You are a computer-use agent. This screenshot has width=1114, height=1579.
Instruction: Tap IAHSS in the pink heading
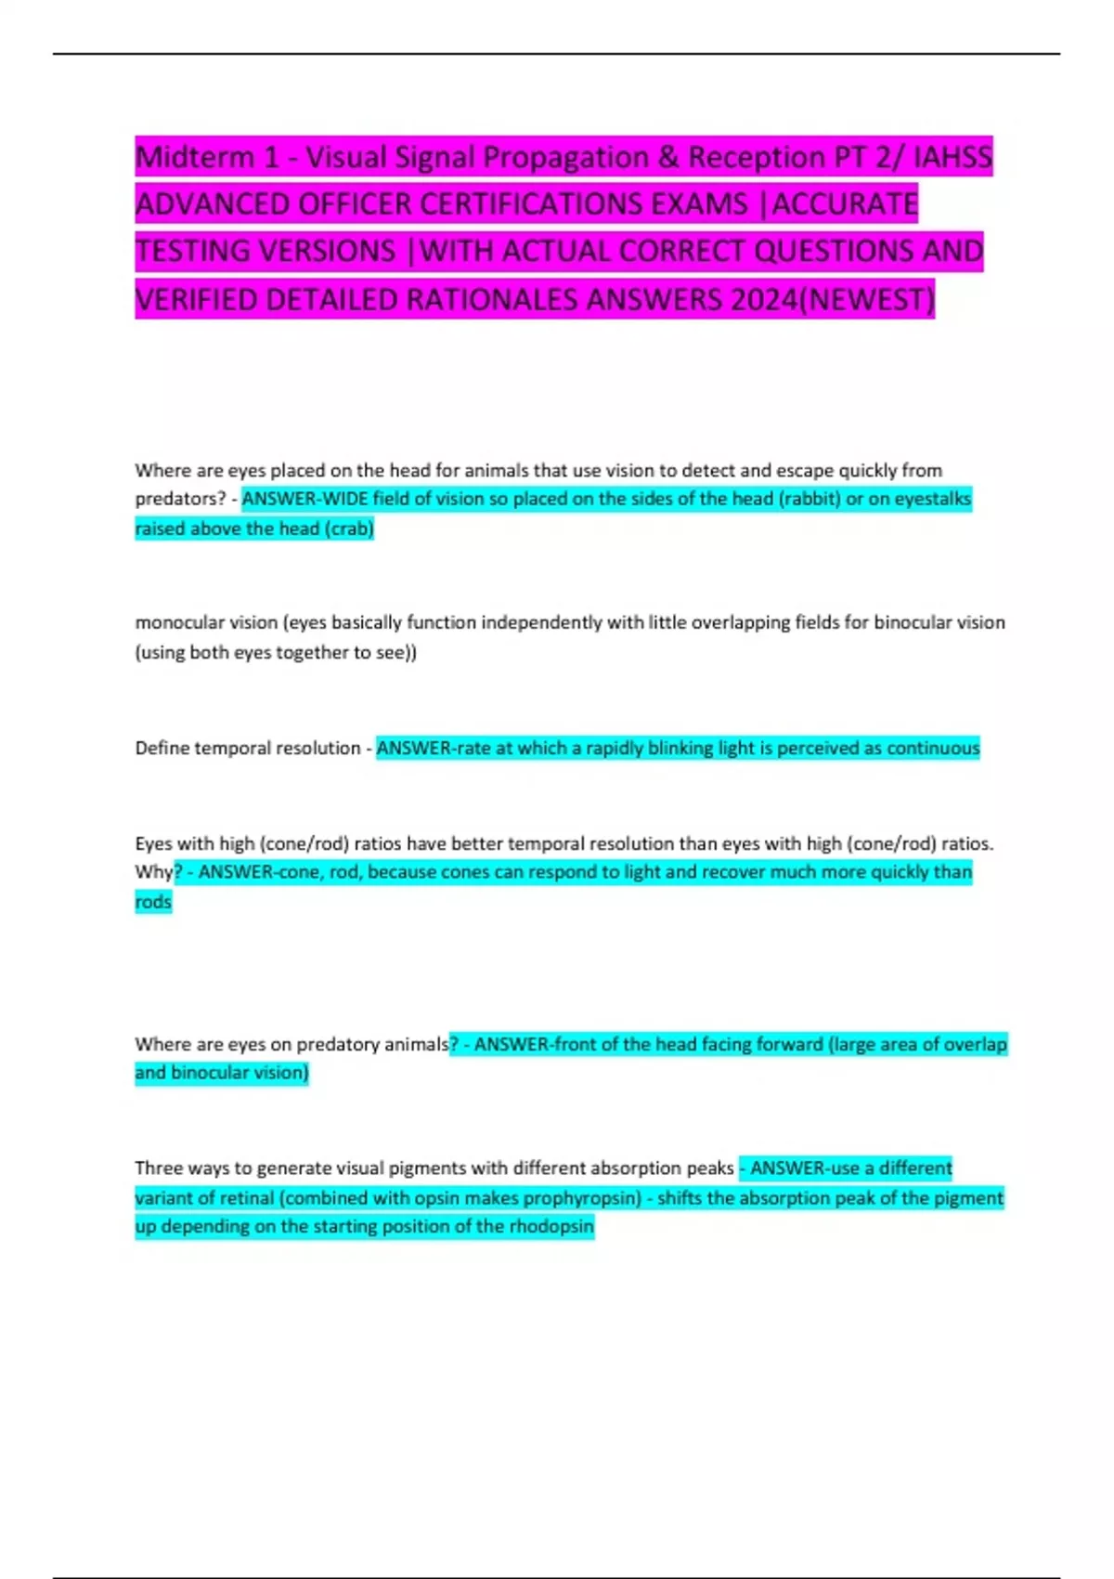click(952, 158)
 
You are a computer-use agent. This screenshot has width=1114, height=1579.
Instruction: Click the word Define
click(162, 749)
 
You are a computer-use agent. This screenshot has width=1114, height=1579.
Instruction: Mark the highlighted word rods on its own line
click(153, 902)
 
